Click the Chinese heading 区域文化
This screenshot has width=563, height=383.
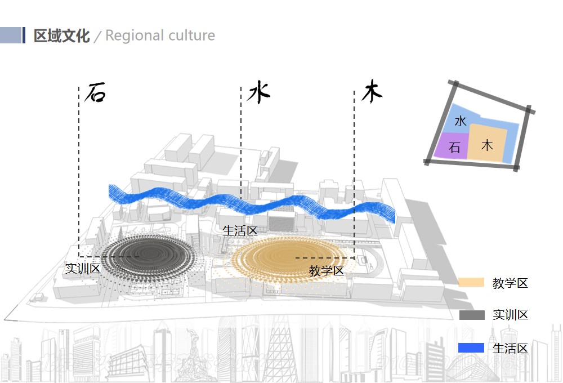[x=61, y=35]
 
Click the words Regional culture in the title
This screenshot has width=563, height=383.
[x=160, y=35]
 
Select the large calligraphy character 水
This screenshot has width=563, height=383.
[x=258, y=92]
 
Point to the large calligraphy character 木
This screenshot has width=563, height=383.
[x=372, y=92]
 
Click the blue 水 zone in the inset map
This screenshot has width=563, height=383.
[x=461, y=120]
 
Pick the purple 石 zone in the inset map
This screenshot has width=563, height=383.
[x=454, y=148]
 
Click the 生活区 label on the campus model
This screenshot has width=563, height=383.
[x=240, y=231]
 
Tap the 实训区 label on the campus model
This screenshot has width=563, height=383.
[x=82, y=269]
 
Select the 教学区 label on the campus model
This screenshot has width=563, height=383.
[x=326, y=271]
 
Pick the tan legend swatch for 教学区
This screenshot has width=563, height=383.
[x=471, y=283]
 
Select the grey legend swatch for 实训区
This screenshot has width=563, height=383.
[x=471, y=315]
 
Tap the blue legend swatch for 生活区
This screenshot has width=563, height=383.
[x=471, y=348]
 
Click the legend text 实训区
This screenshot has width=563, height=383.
[x=510, y=315]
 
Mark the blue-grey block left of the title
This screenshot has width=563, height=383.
[x=11, y=35]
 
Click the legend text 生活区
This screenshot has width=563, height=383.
[x=510, y=348]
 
